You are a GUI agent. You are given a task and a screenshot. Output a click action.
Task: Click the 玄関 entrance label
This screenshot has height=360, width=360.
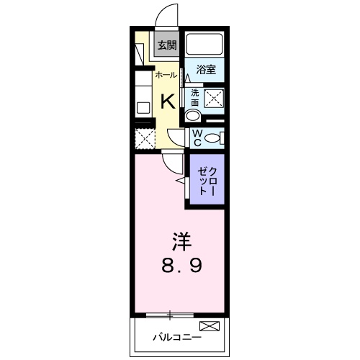point(167,45)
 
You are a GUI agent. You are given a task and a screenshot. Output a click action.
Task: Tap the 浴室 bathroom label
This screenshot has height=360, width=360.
point(207,70)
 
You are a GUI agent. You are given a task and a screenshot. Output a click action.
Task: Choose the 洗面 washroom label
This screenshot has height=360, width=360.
point(194,98)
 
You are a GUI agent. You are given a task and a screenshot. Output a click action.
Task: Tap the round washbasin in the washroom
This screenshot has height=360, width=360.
point(193,117)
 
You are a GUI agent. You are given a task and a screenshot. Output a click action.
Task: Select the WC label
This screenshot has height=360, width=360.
point(195,138)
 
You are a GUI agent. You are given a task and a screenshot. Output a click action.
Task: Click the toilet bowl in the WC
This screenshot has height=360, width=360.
point(212,138)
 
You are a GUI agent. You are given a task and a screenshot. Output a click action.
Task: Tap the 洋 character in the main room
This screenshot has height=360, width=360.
point(181,239)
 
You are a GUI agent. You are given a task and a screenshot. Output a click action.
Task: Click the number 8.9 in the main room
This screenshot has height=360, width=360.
point(181,265)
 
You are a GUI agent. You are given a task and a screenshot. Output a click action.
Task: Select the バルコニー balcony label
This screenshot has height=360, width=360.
point(176,336)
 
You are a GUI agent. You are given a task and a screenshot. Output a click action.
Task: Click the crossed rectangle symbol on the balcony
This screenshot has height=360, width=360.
point(208,327)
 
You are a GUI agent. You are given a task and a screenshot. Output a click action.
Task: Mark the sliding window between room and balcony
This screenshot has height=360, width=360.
point(171,314)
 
